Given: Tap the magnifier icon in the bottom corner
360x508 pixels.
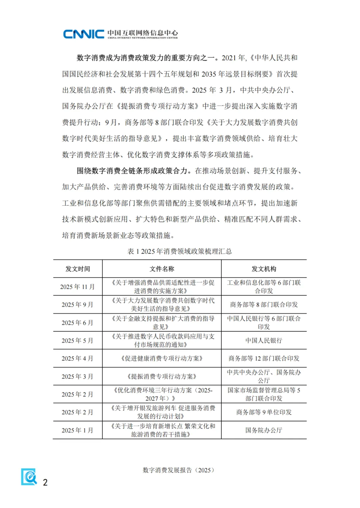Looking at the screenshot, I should click(x=29, y=477).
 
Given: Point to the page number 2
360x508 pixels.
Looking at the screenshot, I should click(x=45, y=482).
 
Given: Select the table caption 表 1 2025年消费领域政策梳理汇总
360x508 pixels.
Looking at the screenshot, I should click(x=180, y=251).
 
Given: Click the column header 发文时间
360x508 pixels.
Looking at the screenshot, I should click(x=78, y=269).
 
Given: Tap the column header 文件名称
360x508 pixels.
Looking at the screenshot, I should click(x=162, y=269).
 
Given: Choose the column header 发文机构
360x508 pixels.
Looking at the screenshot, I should click(x=264, y=269).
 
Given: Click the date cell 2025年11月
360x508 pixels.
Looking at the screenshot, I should click(x=77, y=287).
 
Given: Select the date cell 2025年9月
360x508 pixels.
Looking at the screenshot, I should click(x=77, y=305).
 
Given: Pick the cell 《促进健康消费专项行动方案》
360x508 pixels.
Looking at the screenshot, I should click(x=162, y=358).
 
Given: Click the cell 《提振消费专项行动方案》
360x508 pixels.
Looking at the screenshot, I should click(x=162, y=376).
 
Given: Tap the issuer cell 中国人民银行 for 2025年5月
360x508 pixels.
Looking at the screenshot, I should click(x=264, y=340).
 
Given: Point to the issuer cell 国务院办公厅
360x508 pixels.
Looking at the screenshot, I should click(x=264, y=430).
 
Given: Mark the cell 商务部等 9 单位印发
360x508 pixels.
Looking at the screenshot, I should click(x=264, y=412).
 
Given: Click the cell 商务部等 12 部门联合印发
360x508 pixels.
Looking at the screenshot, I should click(x=264, y=358).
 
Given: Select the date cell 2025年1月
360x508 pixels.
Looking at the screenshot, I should click(x=77, y=430).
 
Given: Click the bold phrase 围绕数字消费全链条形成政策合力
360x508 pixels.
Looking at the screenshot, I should click(x=132, y=171).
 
